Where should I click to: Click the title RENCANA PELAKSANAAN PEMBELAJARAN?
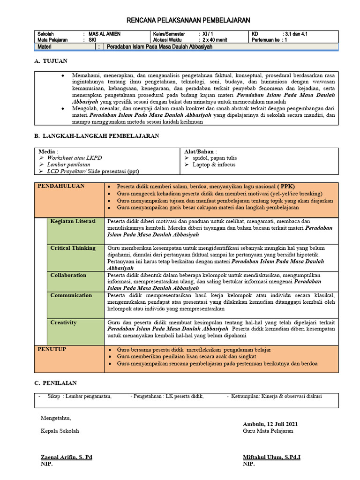[189, 20]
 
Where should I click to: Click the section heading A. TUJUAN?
[51, 61]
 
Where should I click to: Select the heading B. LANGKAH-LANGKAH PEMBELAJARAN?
[97, 136]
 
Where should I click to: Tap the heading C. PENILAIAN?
[56, 383]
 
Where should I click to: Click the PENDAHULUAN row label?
[61, 186]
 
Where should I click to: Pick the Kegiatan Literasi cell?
[73, 221]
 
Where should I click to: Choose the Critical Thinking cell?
[73, 248]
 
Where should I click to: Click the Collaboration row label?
[68, 275]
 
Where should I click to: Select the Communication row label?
[71, 295]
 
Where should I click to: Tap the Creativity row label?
[64, 322]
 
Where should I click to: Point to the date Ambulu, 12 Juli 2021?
[270, 424]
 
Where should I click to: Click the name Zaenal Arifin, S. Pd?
[67, 457]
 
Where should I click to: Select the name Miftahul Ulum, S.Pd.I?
[271, 457]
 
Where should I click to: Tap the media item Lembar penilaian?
[68, 165]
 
